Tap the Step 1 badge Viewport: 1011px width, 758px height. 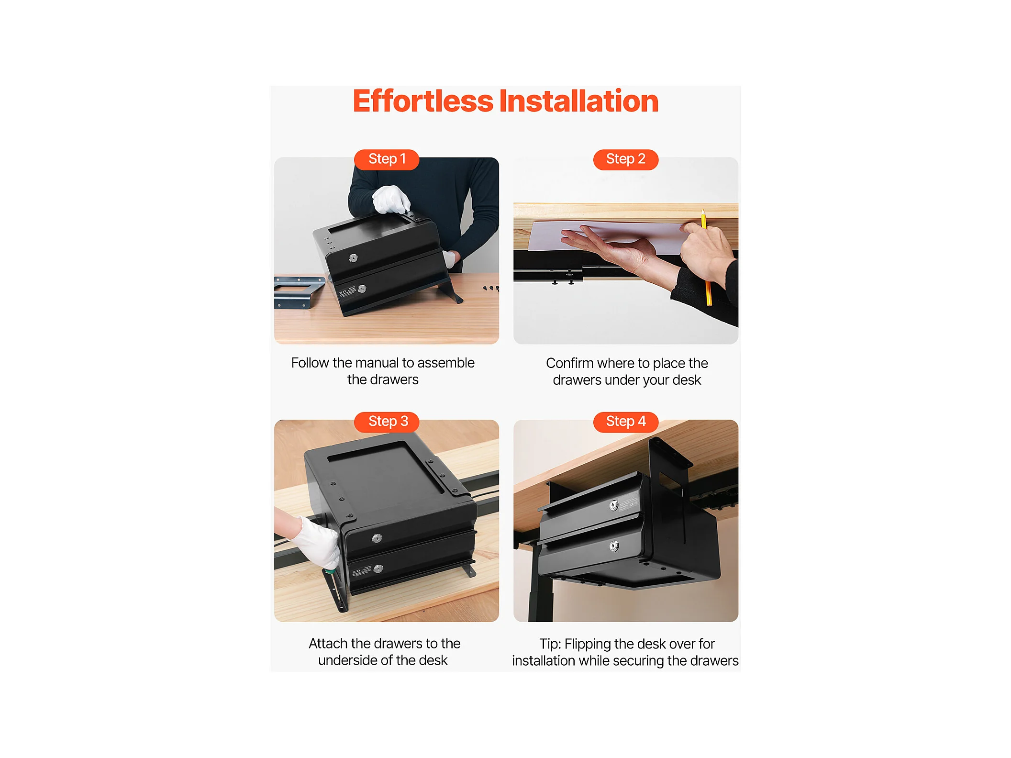387,159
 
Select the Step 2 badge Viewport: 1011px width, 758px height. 625,159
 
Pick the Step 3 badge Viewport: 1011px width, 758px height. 387,422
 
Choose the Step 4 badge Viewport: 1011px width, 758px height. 625,422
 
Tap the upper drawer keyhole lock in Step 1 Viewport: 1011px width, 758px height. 353,258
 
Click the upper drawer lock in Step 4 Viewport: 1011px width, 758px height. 613,505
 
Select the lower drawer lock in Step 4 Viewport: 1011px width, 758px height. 614,546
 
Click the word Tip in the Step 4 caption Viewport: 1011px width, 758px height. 550,644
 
